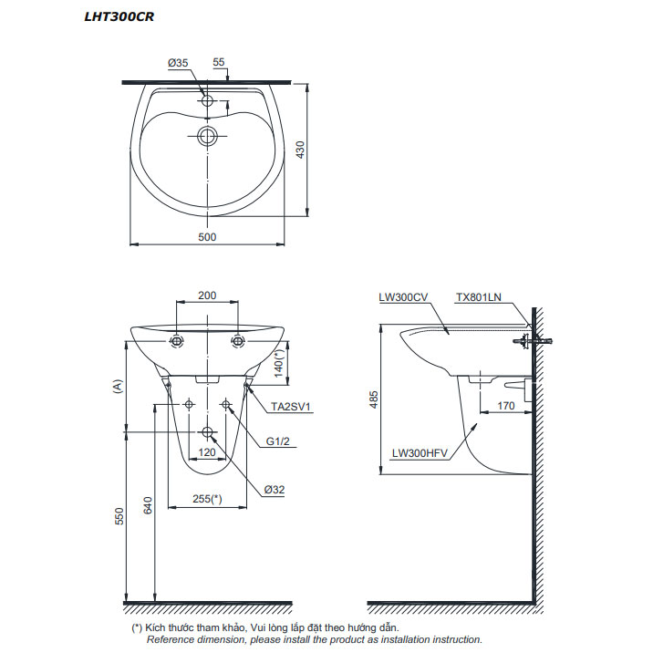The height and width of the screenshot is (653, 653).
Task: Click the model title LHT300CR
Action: (113, 16)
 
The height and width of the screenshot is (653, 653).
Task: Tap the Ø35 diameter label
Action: (178, 63)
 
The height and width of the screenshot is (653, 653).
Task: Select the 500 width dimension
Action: (208, 237)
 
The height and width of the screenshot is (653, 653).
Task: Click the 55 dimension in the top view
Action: (219, 63)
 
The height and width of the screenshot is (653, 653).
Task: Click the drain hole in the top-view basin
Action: (209, 138)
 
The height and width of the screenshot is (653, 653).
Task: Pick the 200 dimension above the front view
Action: (208, 295)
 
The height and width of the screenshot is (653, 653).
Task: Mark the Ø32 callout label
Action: (275, 490)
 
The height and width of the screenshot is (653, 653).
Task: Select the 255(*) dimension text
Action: (208, 499)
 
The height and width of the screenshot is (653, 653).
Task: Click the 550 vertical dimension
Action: (119, 516)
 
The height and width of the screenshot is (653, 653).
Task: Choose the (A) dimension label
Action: (118, 387)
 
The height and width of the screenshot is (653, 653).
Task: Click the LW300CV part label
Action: (403, 296)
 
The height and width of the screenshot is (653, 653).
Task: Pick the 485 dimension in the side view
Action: (373, 399)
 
